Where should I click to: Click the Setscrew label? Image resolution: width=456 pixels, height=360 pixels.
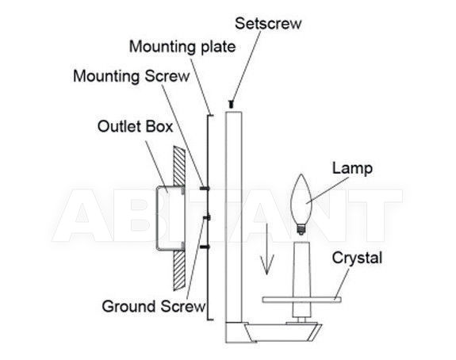[268, 23]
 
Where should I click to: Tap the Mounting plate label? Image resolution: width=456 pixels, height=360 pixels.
[182, 47]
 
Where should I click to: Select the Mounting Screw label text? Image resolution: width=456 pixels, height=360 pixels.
[132, 76]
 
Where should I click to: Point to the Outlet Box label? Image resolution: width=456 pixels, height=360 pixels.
[135, 127]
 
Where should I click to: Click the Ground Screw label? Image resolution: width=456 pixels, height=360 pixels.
[154, 307]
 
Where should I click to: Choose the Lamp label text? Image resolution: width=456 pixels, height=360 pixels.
[352, 168]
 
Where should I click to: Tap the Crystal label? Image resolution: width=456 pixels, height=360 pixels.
[357, 259]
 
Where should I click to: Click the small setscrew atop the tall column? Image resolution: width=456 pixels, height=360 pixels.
[232, 104]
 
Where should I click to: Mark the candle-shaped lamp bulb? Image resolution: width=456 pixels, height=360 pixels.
[301, 201]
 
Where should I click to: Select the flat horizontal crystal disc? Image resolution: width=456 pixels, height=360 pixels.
[301, 300]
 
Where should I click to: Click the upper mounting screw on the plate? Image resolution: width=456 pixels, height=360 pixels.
[205, 189]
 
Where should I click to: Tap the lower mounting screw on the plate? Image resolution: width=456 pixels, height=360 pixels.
[205, 247]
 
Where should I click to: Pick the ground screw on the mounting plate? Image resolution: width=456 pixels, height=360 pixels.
[207, 217]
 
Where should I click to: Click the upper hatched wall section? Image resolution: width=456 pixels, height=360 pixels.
[179, 166]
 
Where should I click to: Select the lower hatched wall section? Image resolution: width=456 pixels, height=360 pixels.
[179, 270]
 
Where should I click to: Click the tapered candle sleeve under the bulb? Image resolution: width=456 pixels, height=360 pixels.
[301, 280]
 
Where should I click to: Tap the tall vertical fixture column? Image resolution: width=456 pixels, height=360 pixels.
[233, 217]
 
